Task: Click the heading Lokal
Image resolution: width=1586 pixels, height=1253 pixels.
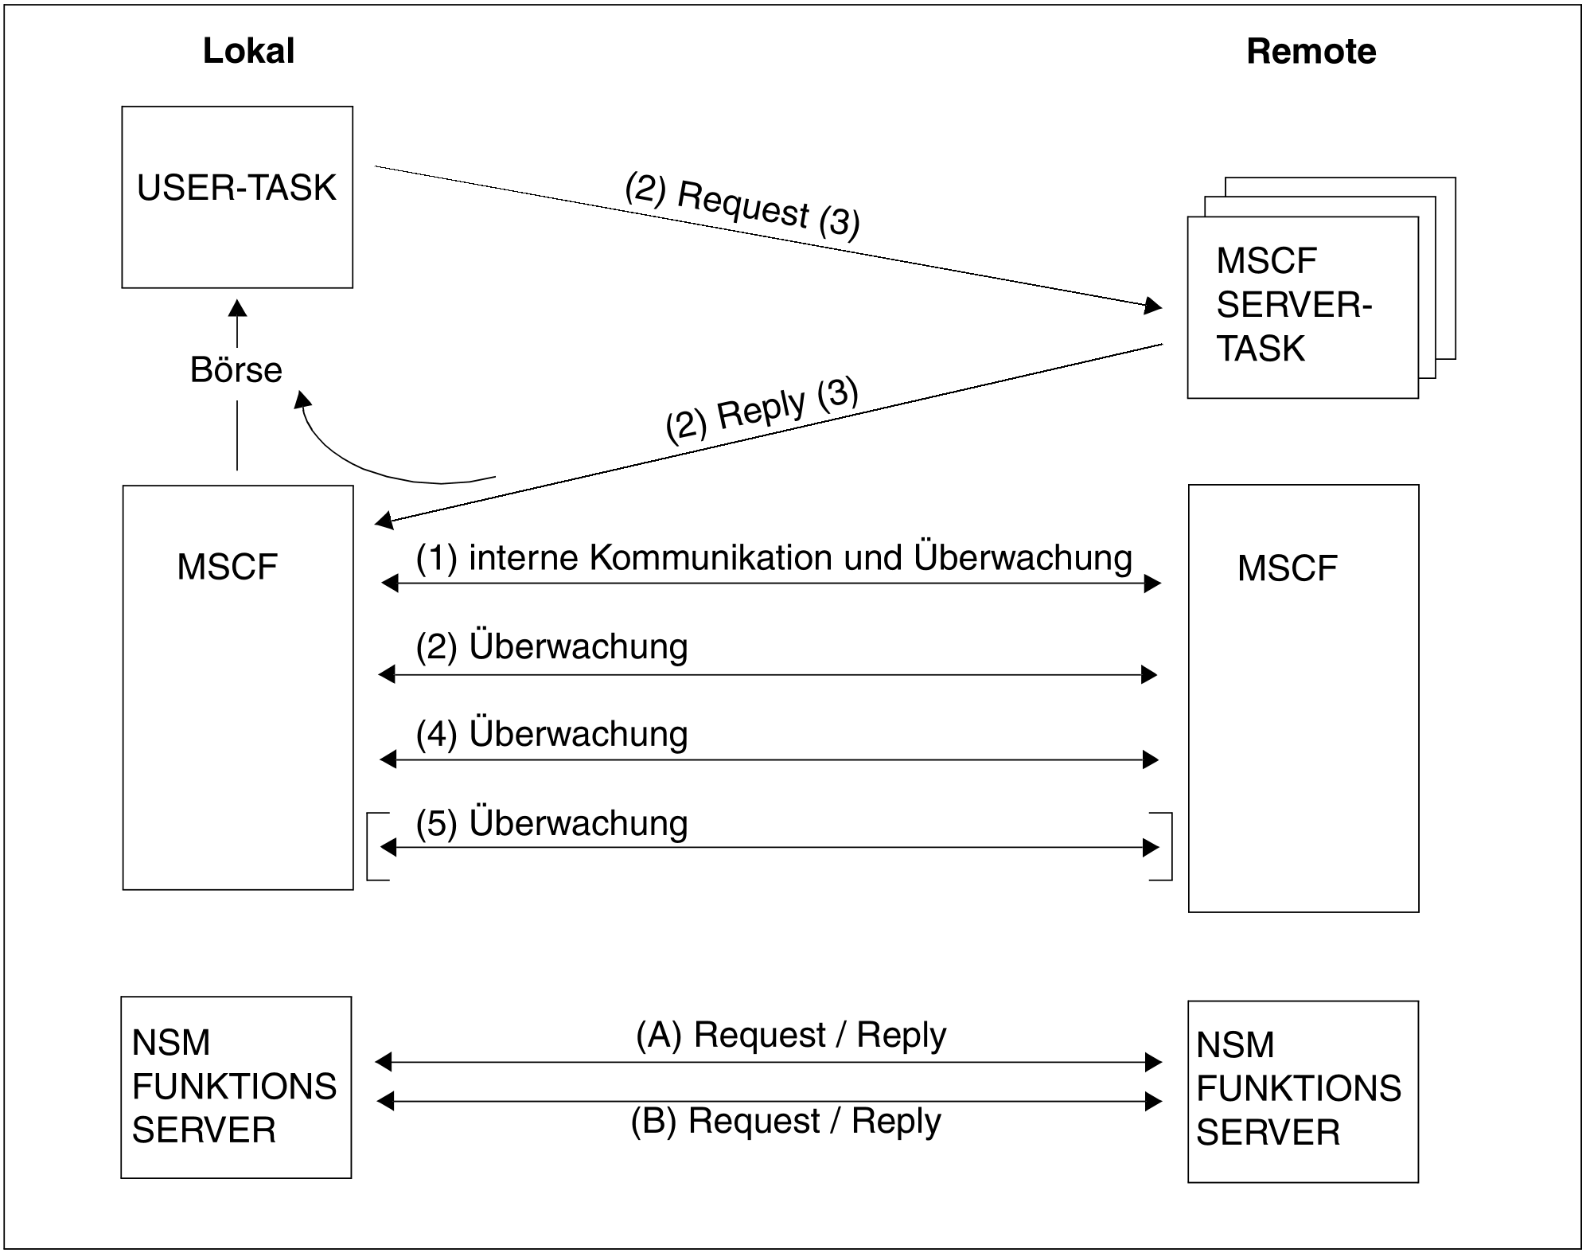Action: [248, 51]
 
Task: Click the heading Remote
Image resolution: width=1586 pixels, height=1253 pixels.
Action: [1311, 51]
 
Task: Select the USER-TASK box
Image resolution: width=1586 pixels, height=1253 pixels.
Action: [237, 197]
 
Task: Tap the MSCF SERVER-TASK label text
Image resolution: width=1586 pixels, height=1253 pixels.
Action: [1294, 304]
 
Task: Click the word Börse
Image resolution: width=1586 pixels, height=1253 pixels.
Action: [236, 369]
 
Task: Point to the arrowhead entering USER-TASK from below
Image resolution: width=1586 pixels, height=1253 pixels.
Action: [237, 308]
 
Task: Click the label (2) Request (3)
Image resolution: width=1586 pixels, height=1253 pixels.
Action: [742, 205]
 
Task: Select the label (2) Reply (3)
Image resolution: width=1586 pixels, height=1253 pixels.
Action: [762, 409]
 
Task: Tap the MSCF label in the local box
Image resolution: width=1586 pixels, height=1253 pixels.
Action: [227, 567]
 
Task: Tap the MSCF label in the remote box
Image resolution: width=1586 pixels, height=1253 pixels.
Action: [1287, 568]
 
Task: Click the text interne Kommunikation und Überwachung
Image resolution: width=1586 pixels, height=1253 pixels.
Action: [801, 557]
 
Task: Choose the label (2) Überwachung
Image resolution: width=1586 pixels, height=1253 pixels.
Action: [551, 646]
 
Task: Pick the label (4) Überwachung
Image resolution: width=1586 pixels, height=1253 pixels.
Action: [551, 733]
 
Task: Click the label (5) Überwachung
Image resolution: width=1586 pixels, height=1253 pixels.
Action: [551, 822]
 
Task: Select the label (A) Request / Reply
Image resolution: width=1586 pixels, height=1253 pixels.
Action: [791, 1035]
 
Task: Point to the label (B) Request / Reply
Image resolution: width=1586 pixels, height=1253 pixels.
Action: [786, 1121]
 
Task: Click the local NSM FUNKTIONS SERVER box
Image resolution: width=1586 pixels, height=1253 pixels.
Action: [236, 1087]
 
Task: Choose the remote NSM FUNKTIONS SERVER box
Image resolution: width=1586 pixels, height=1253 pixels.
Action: [1303, 1091]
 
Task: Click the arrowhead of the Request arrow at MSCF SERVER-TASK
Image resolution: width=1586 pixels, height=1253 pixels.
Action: [1153, 305]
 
